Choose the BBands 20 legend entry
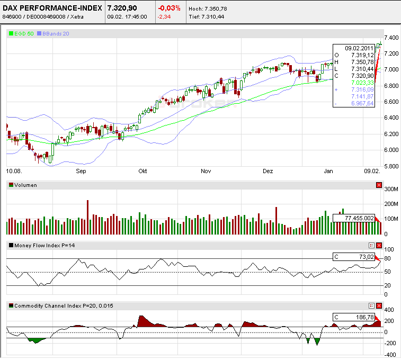coord(55,33)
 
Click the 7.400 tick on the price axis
coord(391,38)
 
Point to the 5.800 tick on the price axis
coord(391,166)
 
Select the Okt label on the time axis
coord(142,172)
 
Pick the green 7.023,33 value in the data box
coord(362,83)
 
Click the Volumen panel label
coord(26,185)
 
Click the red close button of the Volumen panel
coord(378,185)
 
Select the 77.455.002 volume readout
coord(359,218)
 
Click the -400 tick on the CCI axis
coord(390,354)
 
